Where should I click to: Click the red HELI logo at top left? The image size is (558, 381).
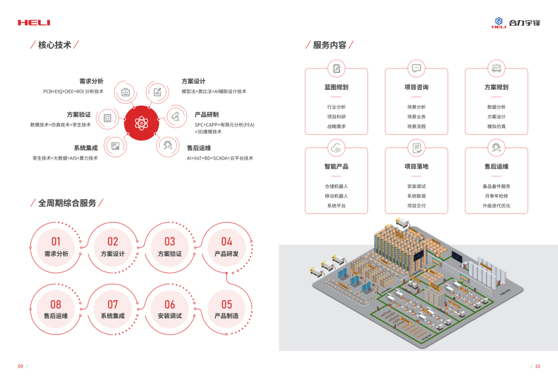34,23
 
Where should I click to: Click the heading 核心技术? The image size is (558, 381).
54,45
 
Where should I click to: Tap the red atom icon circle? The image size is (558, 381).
141,123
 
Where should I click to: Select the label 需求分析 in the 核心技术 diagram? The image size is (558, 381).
91,81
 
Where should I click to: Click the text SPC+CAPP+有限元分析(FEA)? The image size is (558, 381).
224,125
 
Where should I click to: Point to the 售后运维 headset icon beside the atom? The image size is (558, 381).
167,145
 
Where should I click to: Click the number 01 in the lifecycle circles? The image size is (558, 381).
56,241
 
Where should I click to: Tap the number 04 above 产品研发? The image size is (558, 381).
227,241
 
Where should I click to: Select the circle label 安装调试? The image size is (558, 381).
169,316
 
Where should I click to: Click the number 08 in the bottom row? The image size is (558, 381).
56,304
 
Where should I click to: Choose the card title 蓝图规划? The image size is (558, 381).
336,87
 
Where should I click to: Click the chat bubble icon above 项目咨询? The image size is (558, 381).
416,68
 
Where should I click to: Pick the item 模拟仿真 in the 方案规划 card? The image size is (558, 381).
497,127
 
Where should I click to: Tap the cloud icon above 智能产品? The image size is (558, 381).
336,147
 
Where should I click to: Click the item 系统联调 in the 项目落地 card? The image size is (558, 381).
416,196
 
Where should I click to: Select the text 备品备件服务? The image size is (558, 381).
497,186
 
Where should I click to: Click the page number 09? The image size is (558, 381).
21,367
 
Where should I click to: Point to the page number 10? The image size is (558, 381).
537,367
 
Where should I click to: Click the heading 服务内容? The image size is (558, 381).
330,45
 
